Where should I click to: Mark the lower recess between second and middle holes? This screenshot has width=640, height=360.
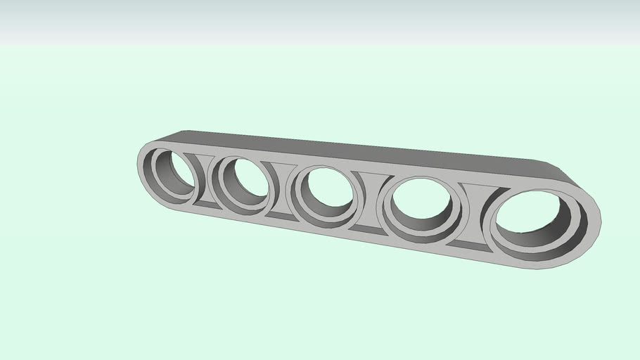click(x=281, y=215)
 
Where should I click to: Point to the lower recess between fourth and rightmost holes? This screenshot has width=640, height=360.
click(x=466, y=244)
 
